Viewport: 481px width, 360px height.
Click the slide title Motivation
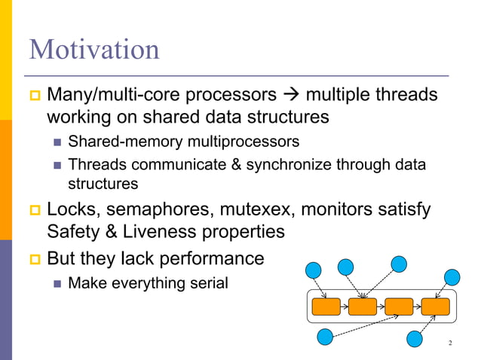(94, 50)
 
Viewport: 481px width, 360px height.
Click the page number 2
(449, 344)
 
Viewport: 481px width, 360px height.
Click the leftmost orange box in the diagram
(326, 307)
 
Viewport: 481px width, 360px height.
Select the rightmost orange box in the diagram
(435, 307)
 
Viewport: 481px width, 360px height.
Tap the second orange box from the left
(363, 307)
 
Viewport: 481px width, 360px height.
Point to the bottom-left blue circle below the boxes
(325, 337)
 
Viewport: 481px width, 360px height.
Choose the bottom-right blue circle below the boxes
(415, 340)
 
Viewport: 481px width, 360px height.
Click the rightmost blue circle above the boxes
(452, 276)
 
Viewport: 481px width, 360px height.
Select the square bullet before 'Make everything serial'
(58, 284)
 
